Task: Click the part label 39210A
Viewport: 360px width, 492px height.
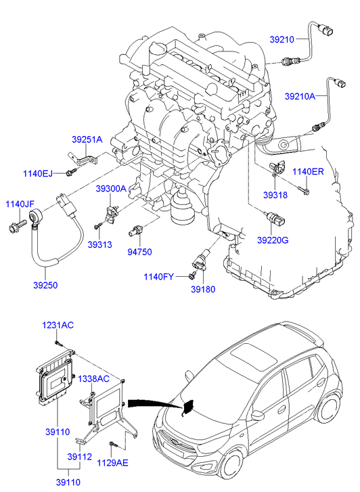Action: coord(300,96)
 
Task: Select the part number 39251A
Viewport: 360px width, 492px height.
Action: coord(87,139)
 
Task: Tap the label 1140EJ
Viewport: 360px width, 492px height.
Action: coord(38,173)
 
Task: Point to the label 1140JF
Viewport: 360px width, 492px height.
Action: coord(20,204)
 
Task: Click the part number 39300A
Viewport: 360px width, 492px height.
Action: coord(111,189)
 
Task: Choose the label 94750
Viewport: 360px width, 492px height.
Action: coord(139,252)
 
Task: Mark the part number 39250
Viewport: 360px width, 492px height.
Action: coord(45,285)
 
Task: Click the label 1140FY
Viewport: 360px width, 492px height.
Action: coord(158,277)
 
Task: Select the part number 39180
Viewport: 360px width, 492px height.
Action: coord(204,289)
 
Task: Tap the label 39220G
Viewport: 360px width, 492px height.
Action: coord(273,240)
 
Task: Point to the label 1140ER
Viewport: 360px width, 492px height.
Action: coord(308,172)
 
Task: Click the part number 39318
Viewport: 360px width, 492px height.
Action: coord(275,195)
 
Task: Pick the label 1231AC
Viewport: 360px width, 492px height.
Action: coord(58,325)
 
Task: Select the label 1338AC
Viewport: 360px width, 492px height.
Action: coord(93,379)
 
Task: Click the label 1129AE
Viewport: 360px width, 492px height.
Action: coord(112,463)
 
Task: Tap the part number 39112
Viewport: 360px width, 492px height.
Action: coord(79,457)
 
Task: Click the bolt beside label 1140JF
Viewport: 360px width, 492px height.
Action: coord(18,226)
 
